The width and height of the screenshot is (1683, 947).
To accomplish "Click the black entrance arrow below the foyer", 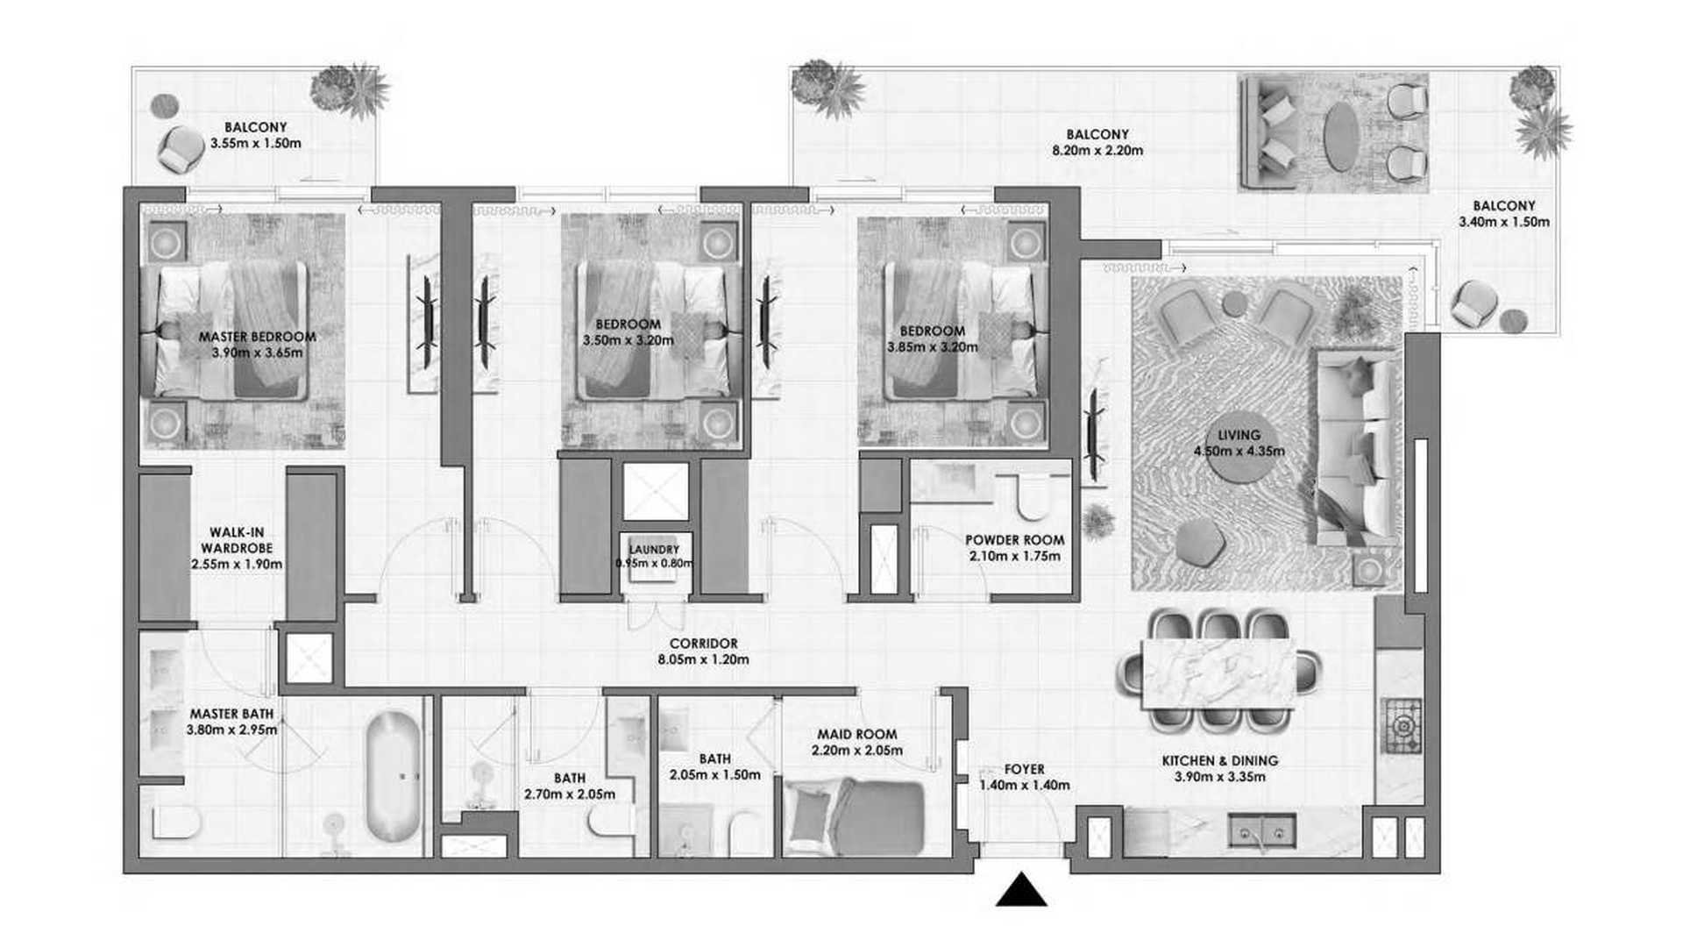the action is [1021, 889].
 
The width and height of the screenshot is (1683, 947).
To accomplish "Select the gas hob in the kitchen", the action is [1402, 726].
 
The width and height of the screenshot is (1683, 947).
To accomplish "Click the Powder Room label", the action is [1015, 540].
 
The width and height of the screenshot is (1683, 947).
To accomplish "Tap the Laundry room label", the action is [654, 550].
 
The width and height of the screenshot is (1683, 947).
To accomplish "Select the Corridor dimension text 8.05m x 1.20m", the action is [704, 659].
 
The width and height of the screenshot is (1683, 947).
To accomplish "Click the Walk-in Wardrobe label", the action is [237, 540].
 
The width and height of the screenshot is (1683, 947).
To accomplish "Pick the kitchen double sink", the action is [1261, 830].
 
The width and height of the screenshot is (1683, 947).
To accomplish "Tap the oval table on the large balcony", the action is [1341, 137].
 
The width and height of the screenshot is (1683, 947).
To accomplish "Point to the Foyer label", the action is [1025, 769].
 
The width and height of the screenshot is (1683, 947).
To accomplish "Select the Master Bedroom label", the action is [257, 337].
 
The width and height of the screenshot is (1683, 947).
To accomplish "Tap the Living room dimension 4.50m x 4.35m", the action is [1239, 452].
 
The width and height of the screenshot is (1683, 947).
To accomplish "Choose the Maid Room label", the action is [857, 734].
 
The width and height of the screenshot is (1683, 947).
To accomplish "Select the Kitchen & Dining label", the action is [1220, 760].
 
